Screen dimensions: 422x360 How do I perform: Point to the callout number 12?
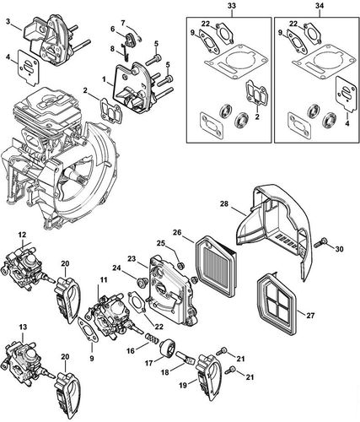[23, 233]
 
